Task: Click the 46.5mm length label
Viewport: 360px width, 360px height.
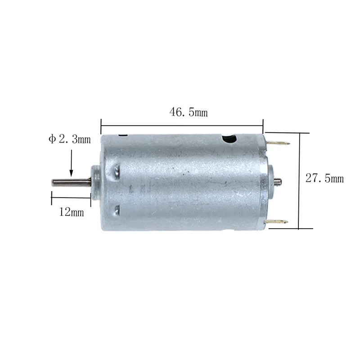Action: [x=189, y=112]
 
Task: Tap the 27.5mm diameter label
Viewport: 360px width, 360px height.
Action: [x=324, y=178]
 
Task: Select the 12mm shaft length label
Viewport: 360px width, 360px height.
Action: [x=72, y=212]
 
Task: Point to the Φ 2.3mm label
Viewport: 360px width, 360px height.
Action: [x=70, y=139]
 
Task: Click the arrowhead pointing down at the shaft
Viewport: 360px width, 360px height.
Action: [x=71, y=173]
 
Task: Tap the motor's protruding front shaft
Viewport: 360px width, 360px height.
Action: [x=72, y=183]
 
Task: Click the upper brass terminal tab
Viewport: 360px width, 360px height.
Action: [x=279, y=143]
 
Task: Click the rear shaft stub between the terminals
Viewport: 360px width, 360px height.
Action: [x=278, y=182]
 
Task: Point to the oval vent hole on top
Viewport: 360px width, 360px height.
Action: [x=229, y=139]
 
